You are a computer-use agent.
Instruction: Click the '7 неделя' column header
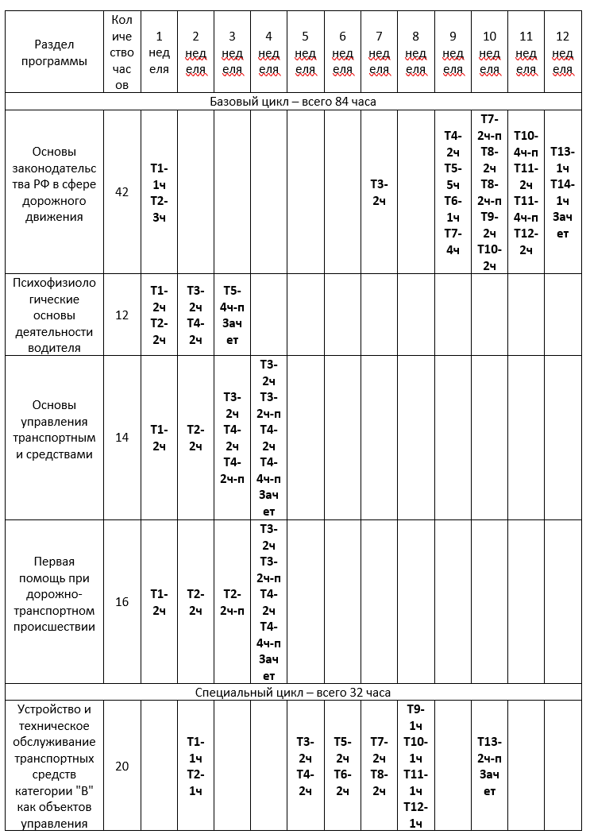[x=379, y=52]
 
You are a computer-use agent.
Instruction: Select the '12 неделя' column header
[x=562, y=52]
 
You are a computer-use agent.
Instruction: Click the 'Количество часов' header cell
[x=121, y=52]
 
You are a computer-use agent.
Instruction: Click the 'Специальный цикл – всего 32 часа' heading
[x=293, y=692]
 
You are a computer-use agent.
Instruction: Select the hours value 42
[x=121, y=192]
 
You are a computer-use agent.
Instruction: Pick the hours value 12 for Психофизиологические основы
[x=121, y=315]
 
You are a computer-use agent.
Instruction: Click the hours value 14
[x=121, y=437]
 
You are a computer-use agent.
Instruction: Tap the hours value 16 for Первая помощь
[x=121, y=601]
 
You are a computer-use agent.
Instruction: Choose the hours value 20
[x=121, y=766]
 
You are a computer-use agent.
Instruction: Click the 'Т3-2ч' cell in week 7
[x=379, y=192]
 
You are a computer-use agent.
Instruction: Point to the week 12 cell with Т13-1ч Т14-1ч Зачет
[x=562, y=192]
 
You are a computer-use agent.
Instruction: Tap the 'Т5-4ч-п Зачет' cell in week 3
[x=232, y=315]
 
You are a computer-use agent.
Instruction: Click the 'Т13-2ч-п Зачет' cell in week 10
[x=489, y=766]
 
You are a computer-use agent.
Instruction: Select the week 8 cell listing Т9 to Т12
[x=415, y=766]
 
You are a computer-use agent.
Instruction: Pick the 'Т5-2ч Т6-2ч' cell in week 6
[x=342, y=766]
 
